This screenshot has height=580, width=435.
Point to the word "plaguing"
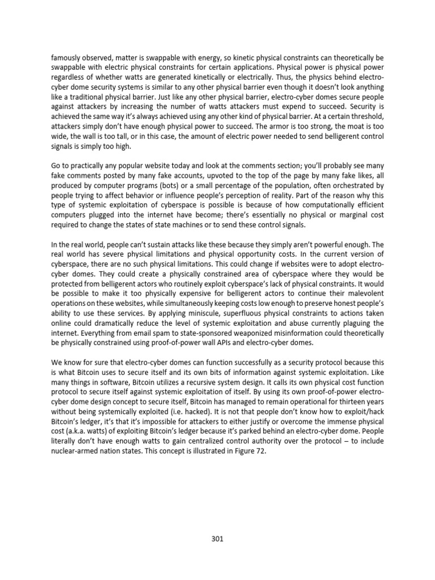click(x=353, y=323)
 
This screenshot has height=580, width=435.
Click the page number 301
click(x=217, y=539)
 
